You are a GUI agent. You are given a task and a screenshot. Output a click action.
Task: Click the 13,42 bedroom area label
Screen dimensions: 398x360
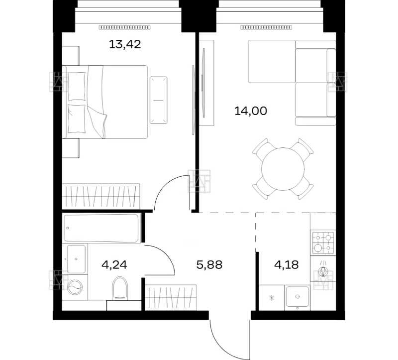[x=125, y=44]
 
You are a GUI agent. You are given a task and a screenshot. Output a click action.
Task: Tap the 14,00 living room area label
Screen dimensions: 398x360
[x=251, y=111]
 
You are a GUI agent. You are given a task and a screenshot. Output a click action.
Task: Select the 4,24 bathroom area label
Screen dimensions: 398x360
[x=114, y=265]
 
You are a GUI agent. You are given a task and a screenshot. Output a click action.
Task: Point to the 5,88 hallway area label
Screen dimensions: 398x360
[x=209, y=265]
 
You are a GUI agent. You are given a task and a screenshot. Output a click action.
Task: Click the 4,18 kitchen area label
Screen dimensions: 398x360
[x=287, y=265]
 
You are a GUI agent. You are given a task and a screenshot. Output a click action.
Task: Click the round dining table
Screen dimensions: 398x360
[x=283, y=169]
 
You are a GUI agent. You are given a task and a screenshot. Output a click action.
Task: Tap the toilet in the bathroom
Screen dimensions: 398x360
[x=119, y=288]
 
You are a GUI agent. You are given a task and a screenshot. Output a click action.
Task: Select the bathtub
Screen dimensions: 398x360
[x=101, y=228]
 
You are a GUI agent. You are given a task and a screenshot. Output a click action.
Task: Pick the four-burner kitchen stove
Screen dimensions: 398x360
[x=323, y=242]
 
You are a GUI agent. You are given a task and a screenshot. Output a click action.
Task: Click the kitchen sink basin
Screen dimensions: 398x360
[x=297, y=296]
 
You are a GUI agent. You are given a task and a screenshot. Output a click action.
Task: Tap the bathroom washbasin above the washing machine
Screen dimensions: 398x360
[x=76, y=259]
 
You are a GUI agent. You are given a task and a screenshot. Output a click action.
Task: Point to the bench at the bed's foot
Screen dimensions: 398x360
[x=158, y=100]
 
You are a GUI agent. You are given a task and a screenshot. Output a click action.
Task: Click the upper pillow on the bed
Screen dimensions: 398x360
[x=77, y=86]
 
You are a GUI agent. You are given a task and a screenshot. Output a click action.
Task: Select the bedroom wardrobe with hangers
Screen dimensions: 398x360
[x=101, y=196]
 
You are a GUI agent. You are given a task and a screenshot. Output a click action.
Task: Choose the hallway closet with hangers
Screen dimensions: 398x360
[x=171, y=297]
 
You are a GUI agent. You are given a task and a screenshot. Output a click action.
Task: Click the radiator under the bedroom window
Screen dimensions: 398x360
[x=124, y=27]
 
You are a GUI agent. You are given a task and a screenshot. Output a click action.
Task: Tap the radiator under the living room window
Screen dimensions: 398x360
[x=266, y=27]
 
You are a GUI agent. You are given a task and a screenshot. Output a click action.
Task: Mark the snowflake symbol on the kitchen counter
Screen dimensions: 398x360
[x=272, y=298]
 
